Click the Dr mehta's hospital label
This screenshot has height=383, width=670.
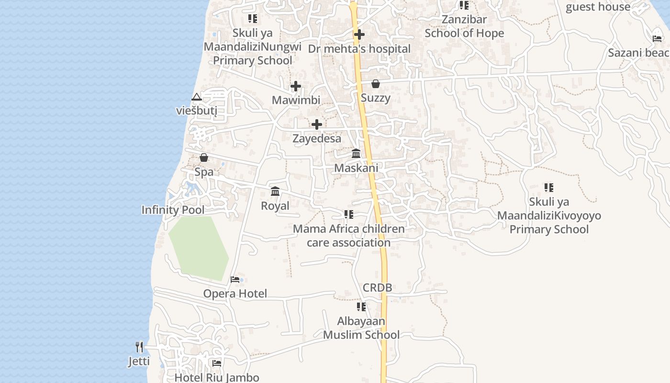[x=359, y=49]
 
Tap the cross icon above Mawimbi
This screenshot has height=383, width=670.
[x=296, y=87]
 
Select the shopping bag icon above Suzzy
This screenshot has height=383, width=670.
[x=376, y=84]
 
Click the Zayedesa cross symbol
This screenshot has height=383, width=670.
[x=317, y=124]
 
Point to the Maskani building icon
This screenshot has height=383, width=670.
[x=356, y=154]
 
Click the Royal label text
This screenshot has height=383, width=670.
[x=275, y=206]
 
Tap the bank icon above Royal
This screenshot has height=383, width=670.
[x=275, y=191]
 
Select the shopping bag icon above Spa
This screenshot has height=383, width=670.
[x=204, y=158]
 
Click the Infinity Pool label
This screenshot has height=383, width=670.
[x=173, y=210]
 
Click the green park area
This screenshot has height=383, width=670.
[x=199, y=247]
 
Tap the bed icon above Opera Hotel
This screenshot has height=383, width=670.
[x=235, y=280]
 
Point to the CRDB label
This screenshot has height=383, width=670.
[x=377, y=288]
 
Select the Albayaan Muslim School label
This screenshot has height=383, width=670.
[x=361, y=328]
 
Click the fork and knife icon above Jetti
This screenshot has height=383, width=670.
[x=139, y=347]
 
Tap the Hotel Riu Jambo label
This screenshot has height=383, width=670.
[x=217, y=377]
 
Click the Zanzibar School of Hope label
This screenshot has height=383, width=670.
[x=464, y=26]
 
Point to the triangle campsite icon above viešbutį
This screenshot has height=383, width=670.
[x=196, y=98]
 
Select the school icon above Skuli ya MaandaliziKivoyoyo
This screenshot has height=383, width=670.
[x=549, y=188]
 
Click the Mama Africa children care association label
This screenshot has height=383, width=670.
[x=349, y=236]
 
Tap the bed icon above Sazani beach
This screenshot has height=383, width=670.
[x=657, y=38]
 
